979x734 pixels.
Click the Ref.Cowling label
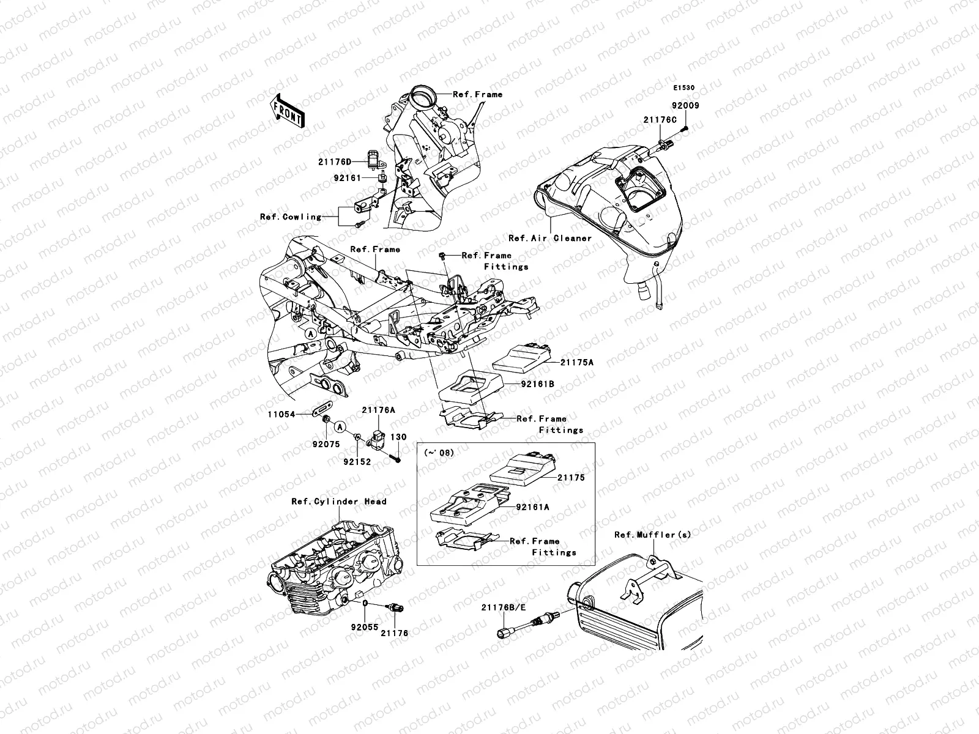pos(290,217)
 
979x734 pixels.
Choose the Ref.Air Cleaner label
pos(550,238)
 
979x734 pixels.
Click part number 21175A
pos(577,363)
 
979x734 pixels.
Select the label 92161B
pos(538,385)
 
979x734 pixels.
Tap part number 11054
pos(281,414)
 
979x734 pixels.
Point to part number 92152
pos(356,462)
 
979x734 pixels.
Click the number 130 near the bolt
pos(398,437)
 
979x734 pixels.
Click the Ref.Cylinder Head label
pos(338,502)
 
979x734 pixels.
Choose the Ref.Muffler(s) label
pos(653,535)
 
